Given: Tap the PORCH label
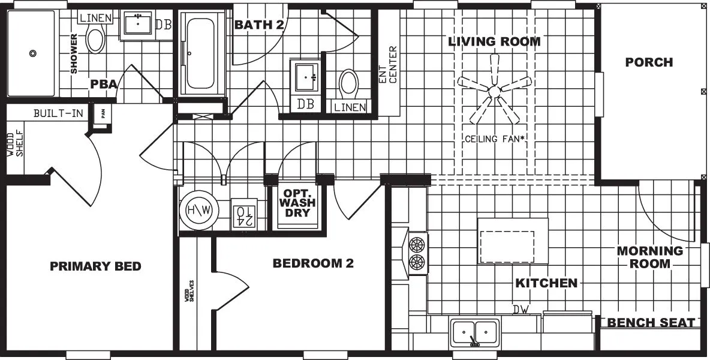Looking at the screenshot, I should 649,62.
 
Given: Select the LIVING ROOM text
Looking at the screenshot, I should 495,41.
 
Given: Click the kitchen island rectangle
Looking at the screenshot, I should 512,241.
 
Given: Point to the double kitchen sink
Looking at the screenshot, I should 475,332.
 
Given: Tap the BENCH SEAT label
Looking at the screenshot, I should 651,323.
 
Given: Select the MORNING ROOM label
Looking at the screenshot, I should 650,257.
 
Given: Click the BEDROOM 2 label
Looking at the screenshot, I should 313,263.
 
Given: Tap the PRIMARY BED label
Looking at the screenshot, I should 95,266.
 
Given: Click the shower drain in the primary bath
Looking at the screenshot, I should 32,53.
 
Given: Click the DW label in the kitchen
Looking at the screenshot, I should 520,310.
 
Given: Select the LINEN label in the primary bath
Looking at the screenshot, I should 95,18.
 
